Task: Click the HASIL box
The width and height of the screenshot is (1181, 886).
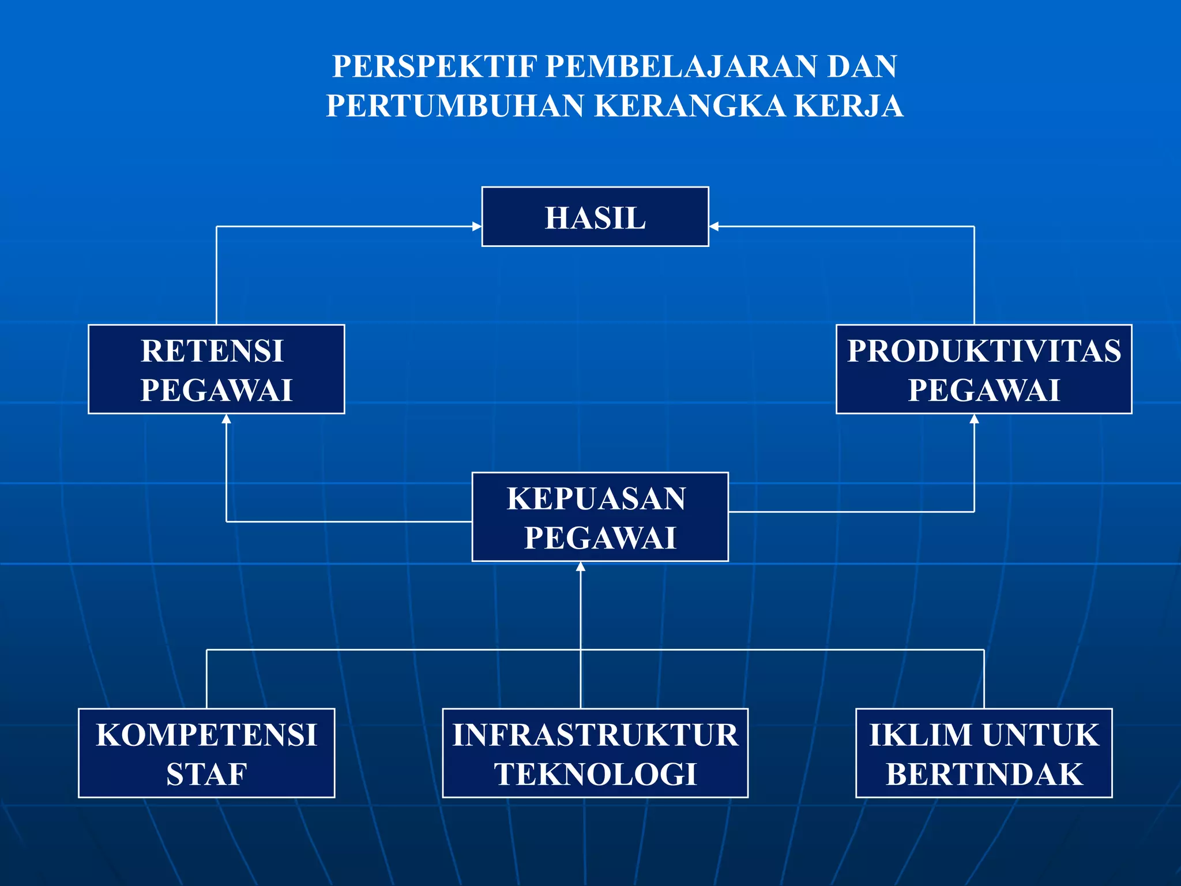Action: [x=595, y=217]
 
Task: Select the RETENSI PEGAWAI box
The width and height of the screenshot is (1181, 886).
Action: [x=216, y=369]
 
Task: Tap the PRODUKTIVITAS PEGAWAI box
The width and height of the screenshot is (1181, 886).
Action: [x=984, y=369]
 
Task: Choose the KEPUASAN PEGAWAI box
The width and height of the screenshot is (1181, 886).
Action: [x=600, y=517]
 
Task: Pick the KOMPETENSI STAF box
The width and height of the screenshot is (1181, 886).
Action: [x=206, y=753]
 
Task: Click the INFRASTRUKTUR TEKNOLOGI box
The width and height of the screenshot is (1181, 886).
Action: [x=595, y=753]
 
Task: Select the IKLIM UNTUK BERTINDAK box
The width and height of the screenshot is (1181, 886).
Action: [x=984, y=753]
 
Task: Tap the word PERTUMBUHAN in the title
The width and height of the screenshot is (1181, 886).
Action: [x=456, y=106]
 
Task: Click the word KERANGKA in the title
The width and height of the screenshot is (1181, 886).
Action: [x=690, y=106]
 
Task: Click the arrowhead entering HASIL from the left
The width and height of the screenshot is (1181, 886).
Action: [x=477, y=227]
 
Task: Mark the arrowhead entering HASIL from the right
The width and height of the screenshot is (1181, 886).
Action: [x=714, y=227]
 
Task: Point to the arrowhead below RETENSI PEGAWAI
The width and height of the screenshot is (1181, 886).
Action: [x=227, y=419]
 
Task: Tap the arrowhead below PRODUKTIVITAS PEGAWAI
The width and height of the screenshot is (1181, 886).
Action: [x=975, y=419]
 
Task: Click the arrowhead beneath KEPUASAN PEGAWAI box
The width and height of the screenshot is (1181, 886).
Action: [x=581, y=566]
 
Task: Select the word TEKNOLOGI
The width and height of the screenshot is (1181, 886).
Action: [x=595, y=774]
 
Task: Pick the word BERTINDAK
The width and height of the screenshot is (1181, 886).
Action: [x=984, y=774]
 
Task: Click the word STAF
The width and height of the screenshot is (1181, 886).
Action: [x=206, y=774]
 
